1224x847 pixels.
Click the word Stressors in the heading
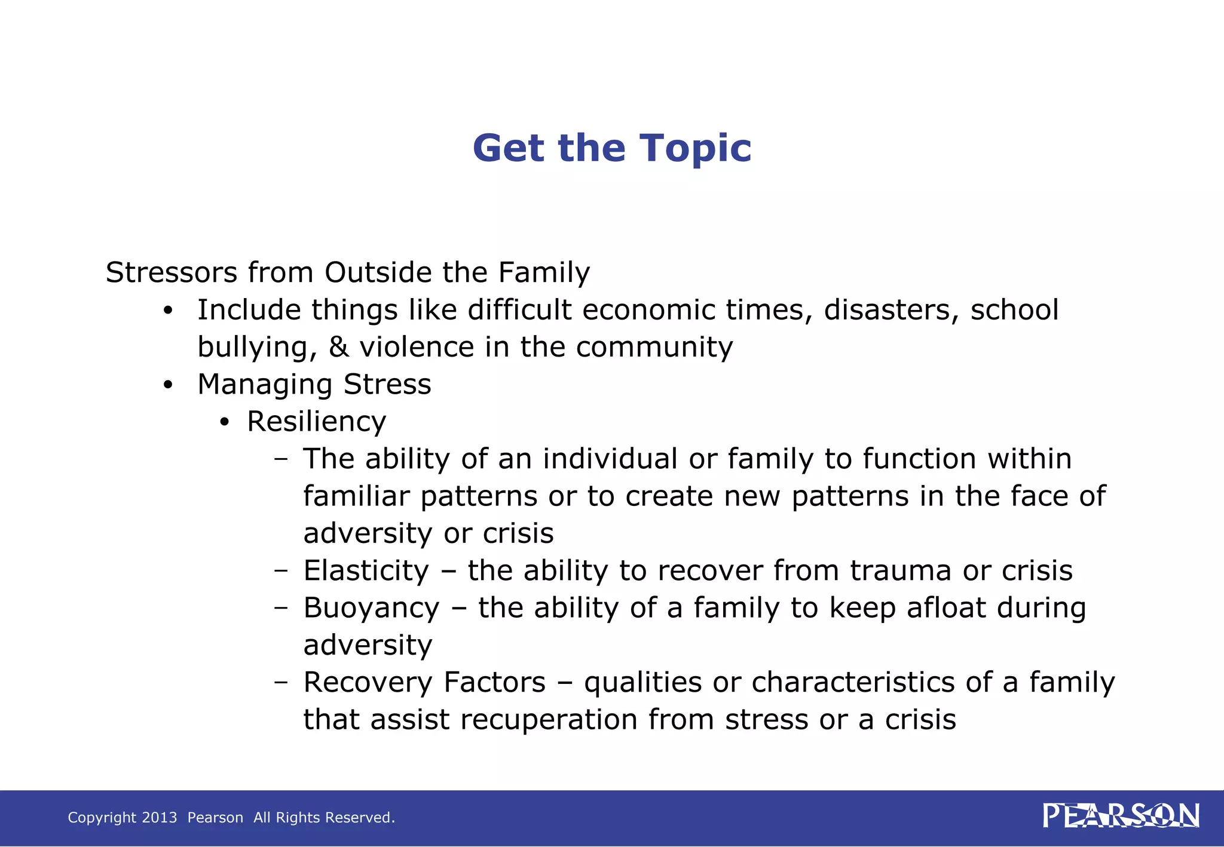(172, 273)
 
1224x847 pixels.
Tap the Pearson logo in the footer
(1121, 816)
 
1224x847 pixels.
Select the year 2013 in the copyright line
(160, 818)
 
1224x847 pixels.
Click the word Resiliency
(316, 422)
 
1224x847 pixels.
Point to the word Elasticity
(366, 571)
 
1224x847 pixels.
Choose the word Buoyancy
(371, 608)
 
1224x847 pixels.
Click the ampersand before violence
(338, 347)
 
